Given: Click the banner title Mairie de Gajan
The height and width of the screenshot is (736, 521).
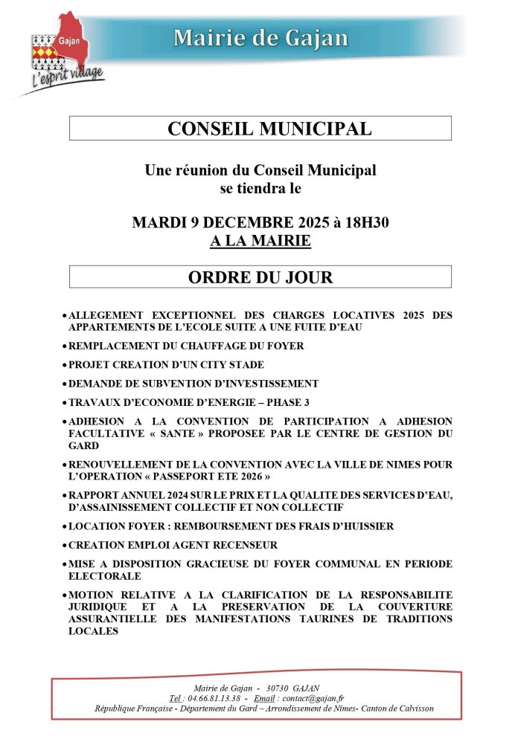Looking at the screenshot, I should [x=260, y=38].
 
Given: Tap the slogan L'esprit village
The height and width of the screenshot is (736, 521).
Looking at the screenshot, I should [x=66, y=78].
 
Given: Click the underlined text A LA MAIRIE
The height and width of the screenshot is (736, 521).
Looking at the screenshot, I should [x=260, y=241].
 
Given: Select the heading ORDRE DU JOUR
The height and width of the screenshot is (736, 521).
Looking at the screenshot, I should [x=260, y=277].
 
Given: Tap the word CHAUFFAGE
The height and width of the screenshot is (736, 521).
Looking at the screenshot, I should [x=198, y=346].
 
